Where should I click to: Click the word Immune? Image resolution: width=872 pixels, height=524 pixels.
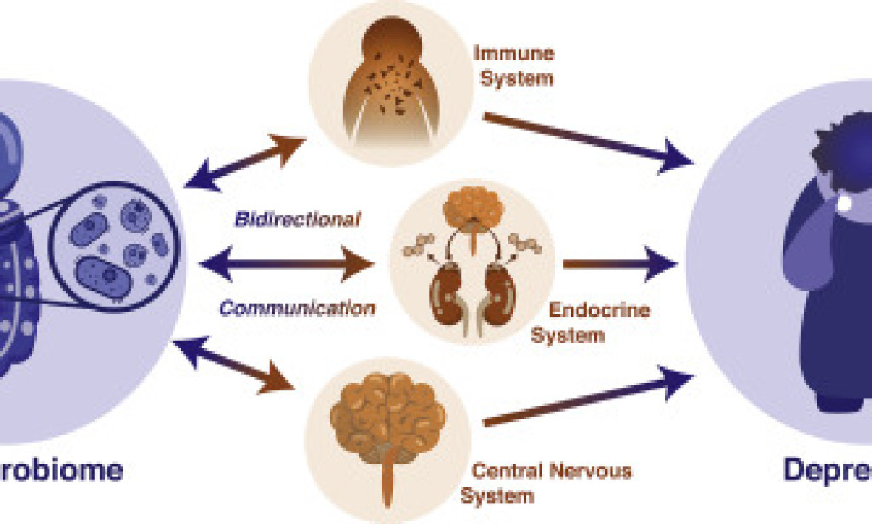pyautogui.click(x=514, y=54)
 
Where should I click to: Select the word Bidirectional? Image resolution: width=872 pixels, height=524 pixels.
pyautogui.click(x=297, y=219)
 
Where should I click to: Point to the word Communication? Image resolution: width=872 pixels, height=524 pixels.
pyautogui.click(x=297, y=308)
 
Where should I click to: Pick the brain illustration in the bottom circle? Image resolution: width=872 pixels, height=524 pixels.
pyautogui.click(x=387, y=417)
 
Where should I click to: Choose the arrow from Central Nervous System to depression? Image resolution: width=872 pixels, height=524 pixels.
pyautogui.click(x=588, y=400)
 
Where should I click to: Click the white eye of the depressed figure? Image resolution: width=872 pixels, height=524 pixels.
pyautogui.click(x=846, y=204)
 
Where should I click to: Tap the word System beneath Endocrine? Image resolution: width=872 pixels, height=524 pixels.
pyautogui.click(x=568, y=335)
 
